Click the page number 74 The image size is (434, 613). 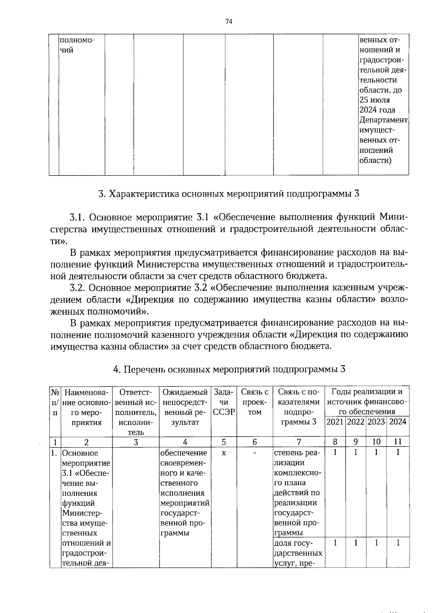[228, 22]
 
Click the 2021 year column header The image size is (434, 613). [335, 422]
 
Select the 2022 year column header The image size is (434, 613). [356, 422]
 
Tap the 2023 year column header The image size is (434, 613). [376, 422]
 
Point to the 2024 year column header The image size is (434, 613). [398, 422]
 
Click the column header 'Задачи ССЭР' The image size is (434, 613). [224, 402]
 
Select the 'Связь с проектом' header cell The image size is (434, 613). [255, 402]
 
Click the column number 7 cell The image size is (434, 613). [299, 442]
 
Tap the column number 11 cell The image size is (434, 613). [398, 442]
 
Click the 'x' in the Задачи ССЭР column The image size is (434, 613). [224, 453]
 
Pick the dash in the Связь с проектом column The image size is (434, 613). [255, 453]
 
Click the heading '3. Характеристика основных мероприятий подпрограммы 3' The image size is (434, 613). [229, 194]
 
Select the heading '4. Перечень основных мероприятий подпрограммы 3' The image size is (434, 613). [229, 369]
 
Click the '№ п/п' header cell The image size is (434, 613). [55, 402]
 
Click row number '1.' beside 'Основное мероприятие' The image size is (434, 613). [55, 453]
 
